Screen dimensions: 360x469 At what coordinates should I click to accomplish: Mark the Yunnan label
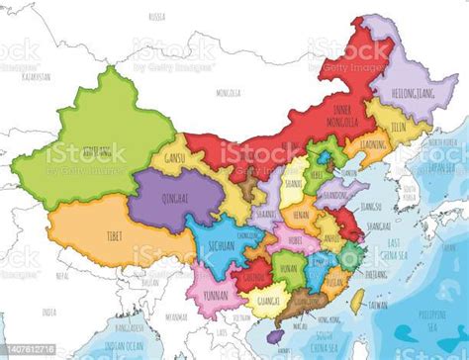tap(217, 296)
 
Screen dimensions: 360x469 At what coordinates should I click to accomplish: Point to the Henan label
tap(301, 214)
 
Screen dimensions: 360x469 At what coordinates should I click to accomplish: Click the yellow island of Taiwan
tap(356, 297)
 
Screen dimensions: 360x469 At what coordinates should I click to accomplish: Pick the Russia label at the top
tap(156, 17)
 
